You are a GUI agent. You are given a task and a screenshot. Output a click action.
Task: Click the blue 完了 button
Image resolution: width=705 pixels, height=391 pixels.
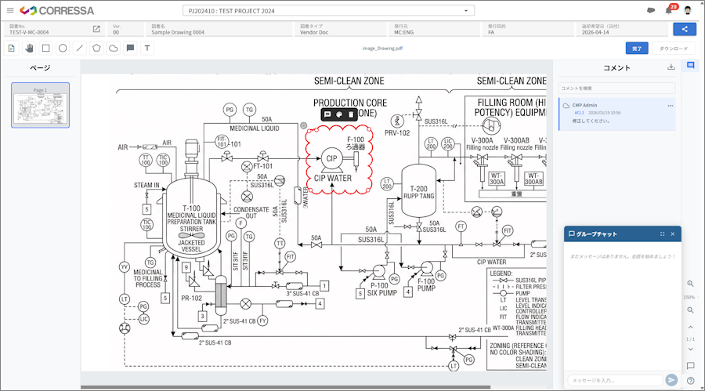[x=636, y=49]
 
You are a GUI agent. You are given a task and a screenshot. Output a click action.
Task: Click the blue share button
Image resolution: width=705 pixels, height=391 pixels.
[x=685, y=29]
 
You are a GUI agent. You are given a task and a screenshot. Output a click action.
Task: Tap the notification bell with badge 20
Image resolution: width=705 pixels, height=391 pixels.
[x=669, y=10]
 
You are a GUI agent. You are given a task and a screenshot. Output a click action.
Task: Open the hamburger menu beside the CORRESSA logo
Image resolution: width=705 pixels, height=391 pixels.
[x=10, y=11]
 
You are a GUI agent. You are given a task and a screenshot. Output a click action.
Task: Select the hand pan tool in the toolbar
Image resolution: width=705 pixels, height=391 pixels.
[x=28, y=49]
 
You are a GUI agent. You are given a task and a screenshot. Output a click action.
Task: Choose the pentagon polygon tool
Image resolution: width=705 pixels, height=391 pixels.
[x=96, y=49]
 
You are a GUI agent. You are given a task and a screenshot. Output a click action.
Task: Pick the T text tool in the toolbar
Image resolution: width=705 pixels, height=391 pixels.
[x=147, y=49]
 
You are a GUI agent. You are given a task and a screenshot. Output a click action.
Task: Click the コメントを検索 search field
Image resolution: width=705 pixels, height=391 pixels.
[x=616, y=88]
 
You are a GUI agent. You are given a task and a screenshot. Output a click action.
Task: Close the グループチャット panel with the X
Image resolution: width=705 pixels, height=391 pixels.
[x=674, y=234]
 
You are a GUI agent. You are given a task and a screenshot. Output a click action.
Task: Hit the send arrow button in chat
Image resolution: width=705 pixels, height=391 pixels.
[x=671, y=380]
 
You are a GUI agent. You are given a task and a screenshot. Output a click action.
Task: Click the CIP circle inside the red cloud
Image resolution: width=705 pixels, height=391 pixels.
[x=330, y=158]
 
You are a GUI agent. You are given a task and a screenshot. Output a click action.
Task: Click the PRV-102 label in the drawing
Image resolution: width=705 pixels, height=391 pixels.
[x=398, y=133]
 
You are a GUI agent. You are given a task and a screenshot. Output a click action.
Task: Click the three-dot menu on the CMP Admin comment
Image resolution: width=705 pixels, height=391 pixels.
[x=670, y=105]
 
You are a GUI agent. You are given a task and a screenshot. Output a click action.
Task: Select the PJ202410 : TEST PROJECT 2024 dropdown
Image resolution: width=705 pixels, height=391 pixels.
[x=329, y=11]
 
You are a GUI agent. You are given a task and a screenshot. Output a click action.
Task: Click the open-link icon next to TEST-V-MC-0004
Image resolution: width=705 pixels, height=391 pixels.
[x=96, y=29]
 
